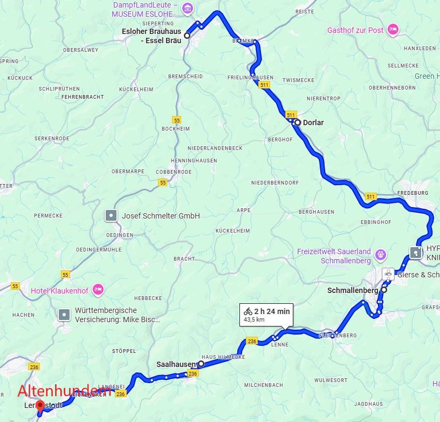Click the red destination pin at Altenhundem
click(x=39, y=406)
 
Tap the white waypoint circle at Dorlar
click(x=297, y=122)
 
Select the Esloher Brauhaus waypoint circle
click(x=187, y=36)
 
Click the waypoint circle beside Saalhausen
click(x=201, y=364)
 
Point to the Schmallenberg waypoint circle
click(x=383, y=290)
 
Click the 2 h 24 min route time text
click(x=272, y=311)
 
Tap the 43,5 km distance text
click(x=255, y=319)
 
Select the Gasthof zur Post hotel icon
click(x=394, y=29)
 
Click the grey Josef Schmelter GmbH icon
click(x=111, y=216)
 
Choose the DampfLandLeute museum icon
click(x=187, y=8)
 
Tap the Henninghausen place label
click(x=194, y=160)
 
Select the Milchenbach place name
click(x=264, y=385)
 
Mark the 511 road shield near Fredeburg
click(x=370, y=196)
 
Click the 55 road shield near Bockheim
click(x=176, y=119)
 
